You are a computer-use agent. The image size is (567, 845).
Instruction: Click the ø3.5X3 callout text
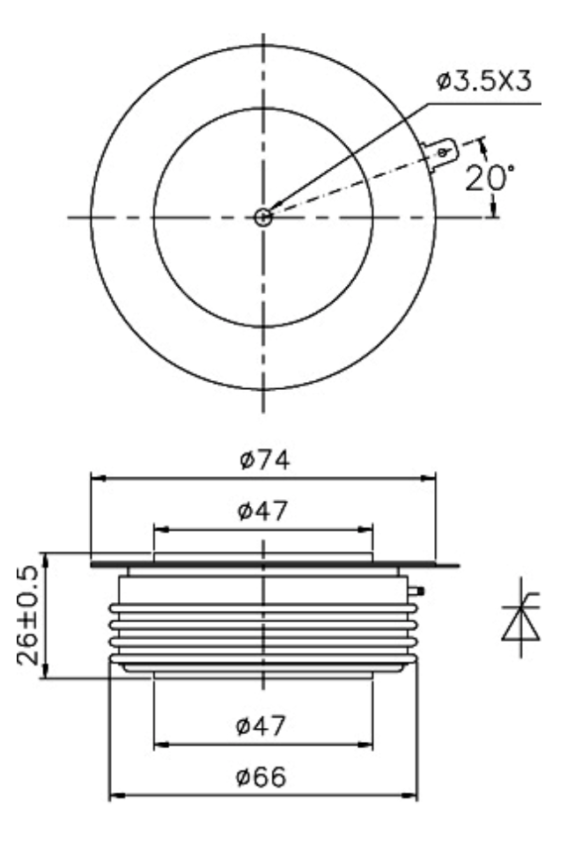click(483, 81)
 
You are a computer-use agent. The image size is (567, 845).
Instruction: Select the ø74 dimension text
click(265, 459)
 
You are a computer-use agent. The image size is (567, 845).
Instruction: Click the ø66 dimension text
click(261, 776)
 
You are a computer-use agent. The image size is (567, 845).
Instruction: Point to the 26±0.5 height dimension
click(28, 615)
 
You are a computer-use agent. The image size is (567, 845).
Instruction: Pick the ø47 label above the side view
click(263, 511)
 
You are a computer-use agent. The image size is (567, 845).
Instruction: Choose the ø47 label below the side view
click(261, 725)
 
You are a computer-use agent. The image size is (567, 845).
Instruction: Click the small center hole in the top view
click(263, 217)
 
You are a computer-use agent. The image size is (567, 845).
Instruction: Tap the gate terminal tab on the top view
click(441, 155)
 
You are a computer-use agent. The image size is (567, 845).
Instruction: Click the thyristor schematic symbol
click(520, 618)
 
